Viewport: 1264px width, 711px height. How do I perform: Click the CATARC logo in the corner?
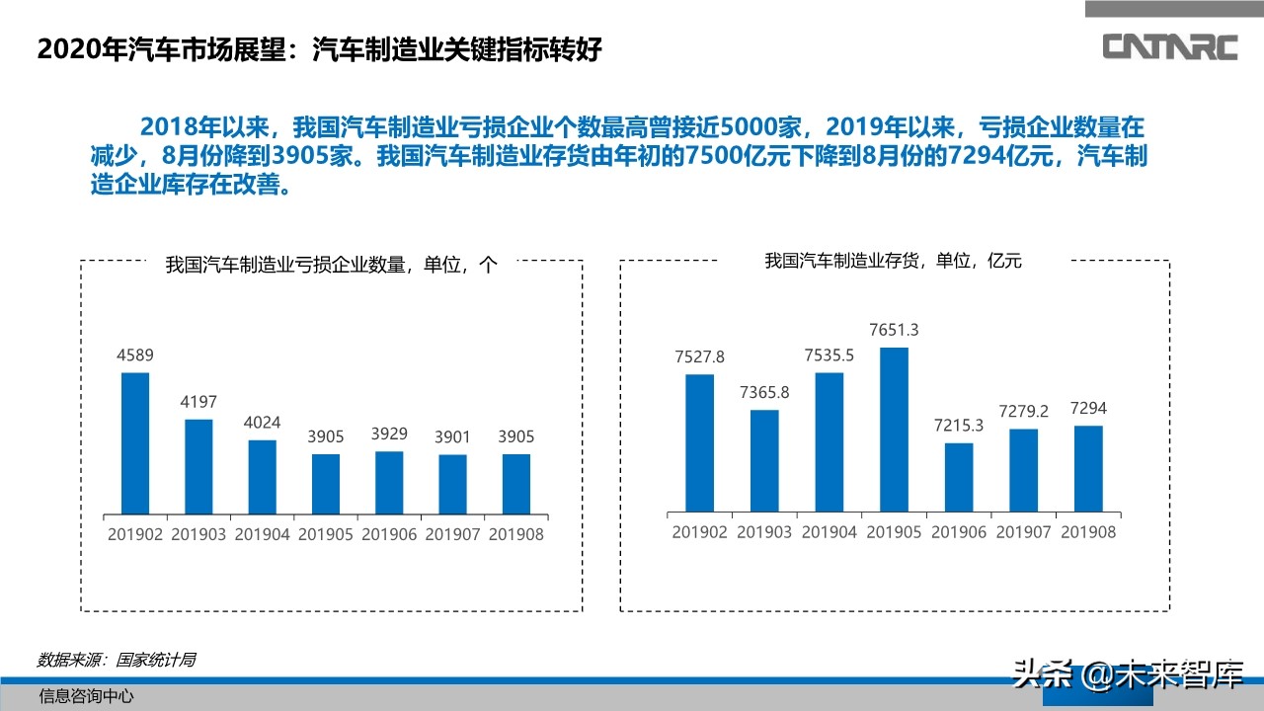point(1169,46)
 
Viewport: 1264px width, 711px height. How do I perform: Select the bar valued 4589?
point(135,443)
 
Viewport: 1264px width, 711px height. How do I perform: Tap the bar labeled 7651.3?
point(894,430)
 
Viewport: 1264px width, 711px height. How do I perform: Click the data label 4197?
point(198,402)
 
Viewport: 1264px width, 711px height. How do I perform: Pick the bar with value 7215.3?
point(959,477)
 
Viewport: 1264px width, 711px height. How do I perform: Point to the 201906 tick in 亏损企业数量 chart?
point(389,534)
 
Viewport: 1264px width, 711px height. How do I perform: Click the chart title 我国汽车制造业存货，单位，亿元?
point(893,261)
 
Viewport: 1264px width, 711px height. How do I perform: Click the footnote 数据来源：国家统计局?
point(116,660)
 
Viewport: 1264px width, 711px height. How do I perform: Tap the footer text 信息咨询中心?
point(86,696)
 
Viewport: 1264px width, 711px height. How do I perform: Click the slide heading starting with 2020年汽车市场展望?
point(318,49)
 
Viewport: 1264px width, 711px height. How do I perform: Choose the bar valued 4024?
point(262,477)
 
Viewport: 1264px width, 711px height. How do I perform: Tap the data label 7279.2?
point(1023,410)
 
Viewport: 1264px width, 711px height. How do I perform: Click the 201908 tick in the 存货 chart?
point(1087,532)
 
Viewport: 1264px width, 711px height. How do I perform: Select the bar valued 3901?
point(452,484)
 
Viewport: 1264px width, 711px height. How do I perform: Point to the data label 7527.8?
point(699,356)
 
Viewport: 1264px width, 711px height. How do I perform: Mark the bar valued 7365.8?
point(764,460)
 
